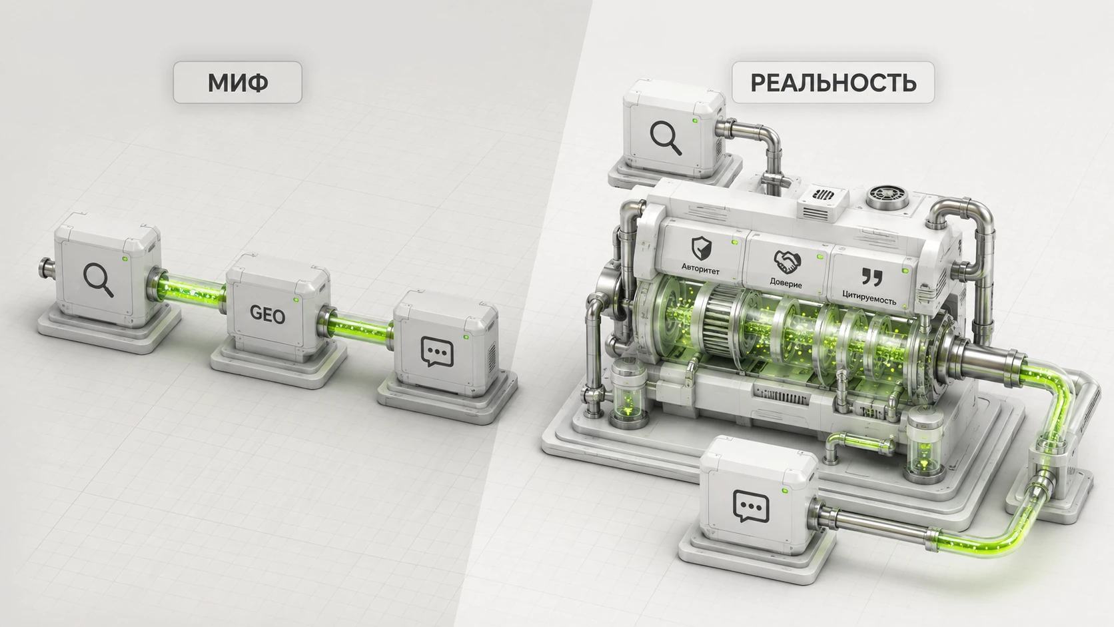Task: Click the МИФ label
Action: (238, 83)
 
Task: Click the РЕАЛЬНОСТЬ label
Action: (833, 83)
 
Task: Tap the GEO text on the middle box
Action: (267, 314)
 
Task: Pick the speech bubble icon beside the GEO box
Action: (437, 352)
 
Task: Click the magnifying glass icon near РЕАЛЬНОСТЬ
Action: (666, 138)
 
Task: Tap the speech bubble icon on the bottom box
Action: (751, 506)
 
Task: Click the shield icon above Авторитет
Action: (701, 248)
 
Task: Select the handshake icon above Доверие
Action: (788, 262)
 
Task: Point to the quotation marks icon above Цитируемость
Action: (871, 277)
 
